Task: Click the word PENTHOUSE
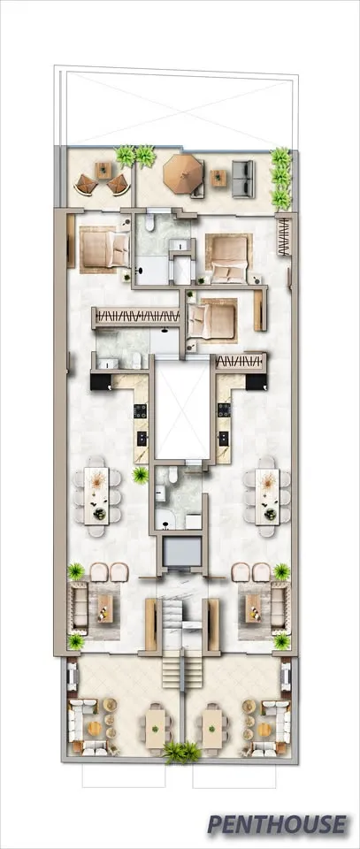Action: click(277, 824)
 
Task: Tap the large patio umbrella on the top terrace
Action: click(183, 173)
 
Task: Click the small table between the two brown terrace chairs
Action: click(103, 171)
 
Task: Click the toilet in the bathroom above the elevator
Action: click(173, 475)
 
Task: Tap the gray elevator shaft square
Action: click(180, 551)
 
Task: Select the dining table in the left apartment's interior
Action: click(97, 496)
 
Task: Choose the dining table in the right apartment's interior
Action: click(267, 496)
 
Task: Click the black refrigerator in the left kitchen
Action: click(100, 382)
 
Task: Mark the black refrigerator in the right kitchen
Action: click(256, 382)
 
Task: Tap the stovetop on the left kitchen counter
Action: click(141, 411)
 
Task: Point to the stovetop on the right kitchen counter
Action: click(224, 411)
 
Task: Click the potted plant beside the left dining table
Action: click(141, 476)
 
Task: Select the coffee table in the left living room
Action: click(104, 608)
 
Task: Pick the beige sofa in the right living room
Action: click(279, 607)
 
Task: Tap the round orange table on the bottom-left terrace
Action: click(94, 728)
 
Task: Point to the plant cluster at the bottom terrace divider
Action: click(180, 752)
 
